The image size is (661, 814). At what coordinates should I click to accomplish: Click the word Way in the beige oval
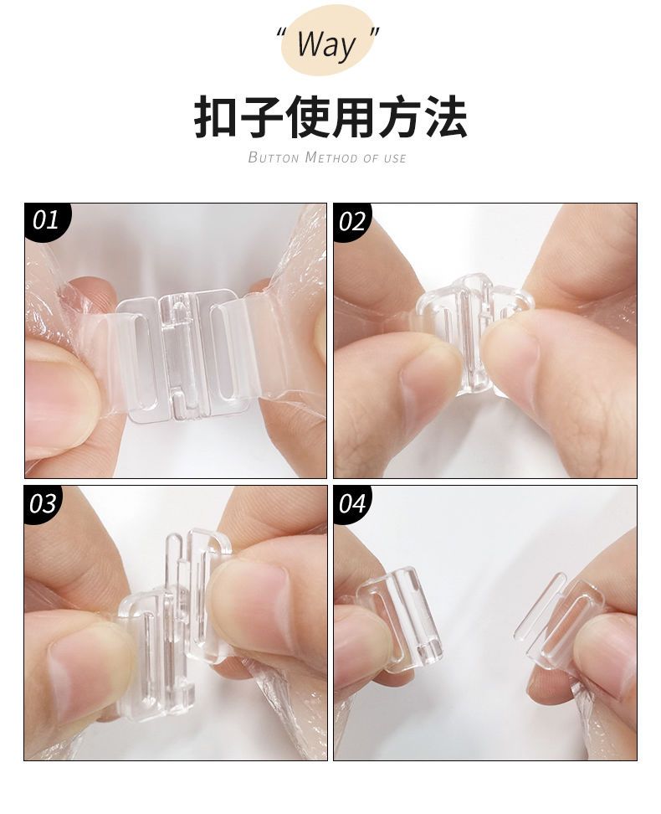tap(326, 45)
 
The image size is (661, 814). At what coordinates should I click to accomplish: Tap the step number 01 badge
tap(47, 221)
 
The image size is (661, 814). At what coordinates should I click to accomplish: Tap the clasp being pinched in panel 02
tap(474, 332)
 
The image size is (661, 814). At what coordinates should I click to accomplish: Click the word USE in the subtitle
tap(395, 157)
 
